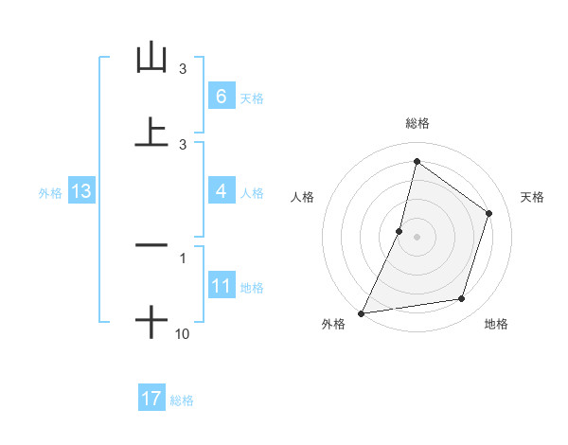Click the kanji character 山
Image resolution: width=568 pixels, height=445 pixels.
(151, 58)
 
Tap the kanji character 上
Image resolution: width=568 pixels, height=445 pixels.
(151, 132)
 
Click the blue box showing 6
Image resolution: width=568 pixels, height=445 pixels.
(221, 96)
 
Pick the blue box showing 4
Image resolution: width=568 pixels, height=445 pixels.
(221, 191)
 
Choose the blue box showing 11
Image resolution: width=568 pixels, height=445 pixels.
(221, 286)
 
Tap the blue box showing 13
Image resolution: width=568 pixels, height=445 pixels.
(81, 191)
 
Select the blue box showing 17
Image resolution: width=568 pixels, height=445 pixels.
(151, 399)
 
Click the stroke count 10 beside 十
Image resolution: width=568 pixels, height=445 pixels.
(183, 333)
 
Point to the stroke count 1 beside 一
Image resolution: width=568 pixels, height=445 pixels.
(183, 258)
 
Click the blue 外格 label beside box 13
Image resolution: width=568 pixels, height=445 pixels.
(50, 192)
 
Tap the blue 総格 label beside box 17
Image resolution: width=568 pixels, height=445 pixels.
(182, 400)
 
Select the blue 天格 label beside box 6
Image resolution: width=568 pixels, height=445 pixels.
(251, 98)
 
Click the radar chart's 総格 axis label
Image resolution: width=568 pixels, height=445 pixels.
(417, 123)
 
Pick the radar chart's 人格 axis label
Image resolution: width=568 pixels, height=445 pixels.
(302, 197)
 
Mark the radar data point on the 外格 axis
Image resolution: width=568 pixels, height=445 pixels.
(362, 312)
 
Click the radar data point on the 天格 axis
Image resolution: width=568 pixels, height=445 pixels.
(489, 213)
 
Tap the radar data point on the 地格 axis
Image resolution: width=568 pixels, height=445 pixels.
(462, 299)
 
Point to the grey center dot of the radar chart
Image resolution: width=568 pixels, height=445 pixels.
(417, 236)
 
